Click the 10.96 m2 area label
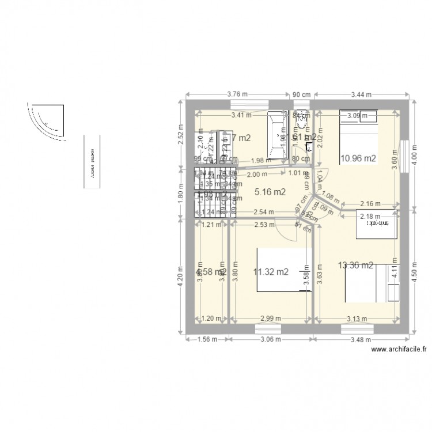[358, 158]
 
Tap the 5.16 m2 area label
[271, 192]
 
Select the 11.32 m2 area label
[271, 272]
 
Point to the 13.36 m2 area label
[355, 266]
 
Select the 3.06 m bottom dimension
[269, 340]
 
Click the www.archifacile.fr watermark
[400, 349]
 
